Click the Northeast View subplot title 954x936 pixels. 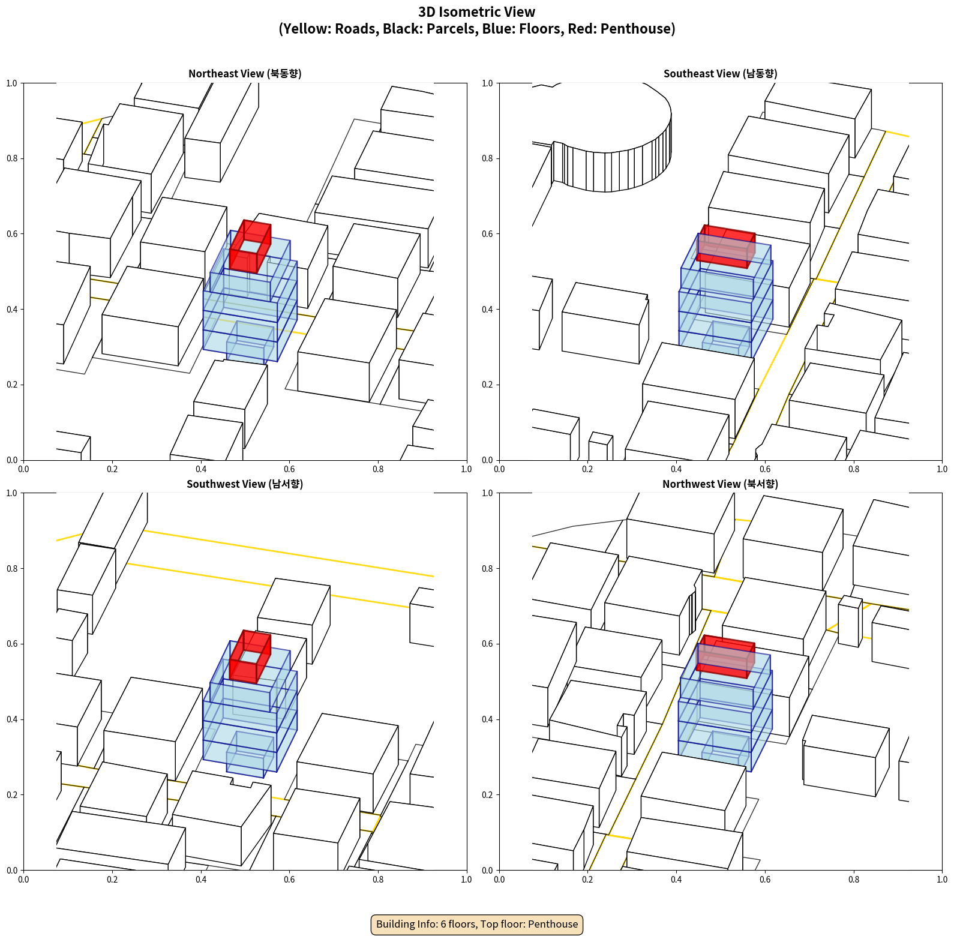tap(245, 73)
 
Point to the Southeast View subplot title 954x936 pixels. tap(720, 73)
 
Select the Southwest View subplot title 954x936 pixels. tap(245, 484)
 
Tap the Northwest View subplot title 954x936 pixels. tap(720, 484)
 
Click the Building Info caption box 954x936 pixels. tap(477, 924)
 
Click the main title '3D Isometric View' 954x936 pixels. tap(477, 12)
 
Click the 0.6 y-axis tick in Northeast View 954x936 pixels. tap(12, 234)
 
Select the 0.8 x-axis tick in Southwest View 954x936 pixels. tap(378, 880)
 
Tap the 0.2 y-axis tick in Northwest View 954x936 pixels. tap(487, 795)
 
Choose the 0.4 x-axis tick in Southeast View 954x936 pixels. tap(676, 469)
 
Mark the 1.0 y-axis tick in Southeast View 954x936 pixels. tap(487, 83)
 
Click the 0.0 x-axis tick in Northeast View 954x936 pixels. tap(23, 469)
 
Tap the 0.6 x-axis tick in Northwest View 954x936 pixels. tap(765, 880)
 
